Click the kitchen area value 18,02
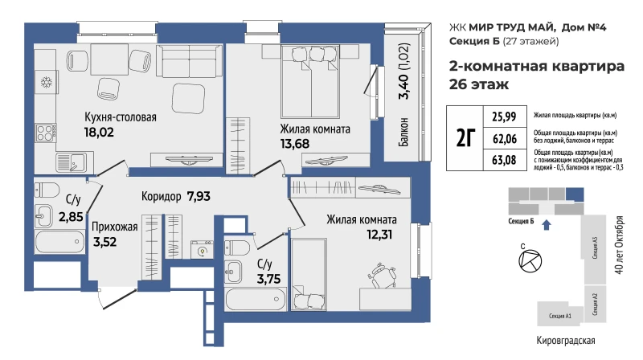[99, 133]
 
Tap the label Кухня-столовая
[120, 117]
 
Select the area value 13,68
[294, 144]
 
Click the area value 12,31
[379, 234]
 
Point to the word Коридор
[162, 196]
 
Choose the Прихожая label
[114, 227]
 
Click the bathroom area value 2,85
[71, 216]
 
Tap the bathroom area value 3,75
[268, 279]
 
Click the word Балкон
[403, 132]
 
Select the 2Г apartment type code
[465, 137]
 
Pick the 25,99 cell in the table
[504, 117]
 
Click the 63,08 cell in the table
[504, 159]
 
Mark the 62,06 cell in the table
[505, 138]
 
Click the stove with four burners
[45, 133]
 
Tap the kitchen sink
[72, 162]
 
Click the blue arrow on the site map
[547, 225]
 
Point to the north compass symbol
[530, 261]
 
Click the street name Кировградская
[566, 341]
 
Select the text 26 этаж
[479, 84]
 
